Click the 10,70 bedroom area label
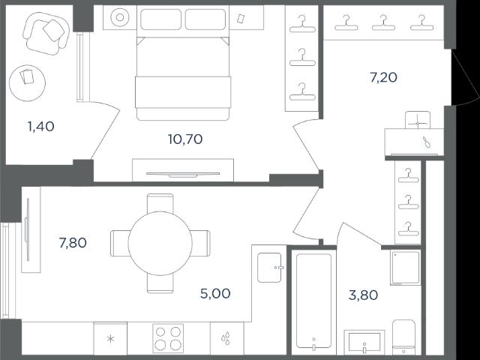[x=185, y=139]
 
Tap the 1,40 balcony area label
[x=41, y=127]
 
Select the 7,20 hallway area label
[x=383, y=77]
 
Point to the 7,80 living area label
[x=73, y=243]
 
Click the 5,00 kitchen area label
[x=215, y=293]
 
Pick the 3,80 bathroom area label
[x=363, y=295]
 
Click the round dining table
[x=160, y=243]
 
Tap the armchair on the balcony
[x=45, y=33]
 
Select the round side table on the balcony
[x=27, y=83]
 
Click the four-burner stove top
[x=168, y=338]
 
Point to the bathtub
[x=313, y=301]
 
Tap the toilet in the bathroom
[x=403, y=337]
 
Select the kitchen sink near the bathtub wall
[x=269, y=268]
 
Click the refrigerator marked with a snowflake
[x=110, y=338]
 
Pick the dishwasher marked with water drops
[x=226, y=338]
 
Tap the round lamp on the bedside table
[x=120, y=17]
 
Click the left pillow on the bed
[x=160, y=19]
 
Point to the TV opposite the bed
[x=183, y=175]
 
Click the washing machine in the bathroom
[x=406, y=268]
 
